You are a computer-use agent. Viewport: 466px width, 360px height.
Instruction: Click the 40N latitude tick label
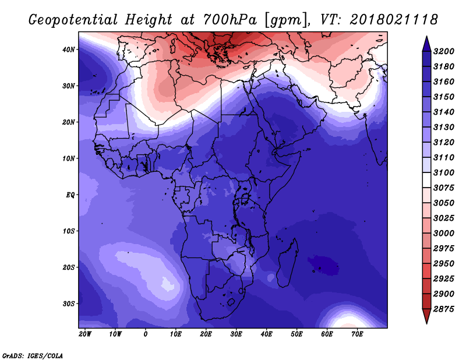click(69, 50)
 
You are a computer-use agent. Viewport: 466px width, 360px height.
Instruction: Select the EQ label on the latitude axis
click(70, 195)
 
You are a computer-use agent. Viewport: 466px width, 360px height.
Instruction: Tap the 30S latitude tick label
click(69, 304)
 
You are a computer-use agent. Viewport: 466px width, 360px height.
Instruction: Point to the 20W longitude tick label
click(85, 334)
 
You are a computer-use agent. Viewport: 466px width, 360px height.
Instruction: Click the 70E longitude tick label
click(357, 334)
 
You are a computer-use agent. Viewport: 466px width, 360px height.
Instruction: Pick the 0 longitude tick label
click(145, 334)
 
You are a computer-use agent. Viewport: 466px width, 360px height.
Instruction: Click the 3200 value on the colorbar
click(443, 51)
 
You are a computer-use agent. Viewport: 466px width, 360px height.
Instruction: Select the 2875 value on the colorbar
click(443, 309)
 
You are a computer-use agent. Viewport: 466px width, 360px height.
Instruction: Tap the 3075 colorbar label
click(443, 188)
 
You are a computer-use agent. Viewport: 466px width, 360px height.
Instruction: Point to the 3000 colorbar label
click(443, 234)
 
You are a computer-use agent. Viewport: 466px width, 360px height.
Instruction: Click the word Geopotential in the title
click(73, 20)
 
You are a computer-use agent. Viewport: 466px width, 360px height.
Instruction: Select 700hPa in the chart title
click(230, 20)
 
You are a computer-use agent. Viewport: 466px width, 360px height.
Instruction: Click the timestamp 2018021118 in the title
click(394, 20)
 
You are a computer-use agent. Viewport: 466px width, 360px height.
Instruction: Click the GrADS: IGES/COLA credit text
click(33, 355)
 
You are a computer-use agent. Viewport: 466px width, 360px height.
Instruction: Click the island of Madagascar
click(288, 264)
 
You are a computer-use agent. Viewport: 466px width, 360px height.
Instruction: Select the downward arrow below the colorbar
click(426, 316)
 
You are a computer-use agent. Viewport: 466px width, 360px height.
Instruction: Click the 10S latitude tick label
click(69, 231)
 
